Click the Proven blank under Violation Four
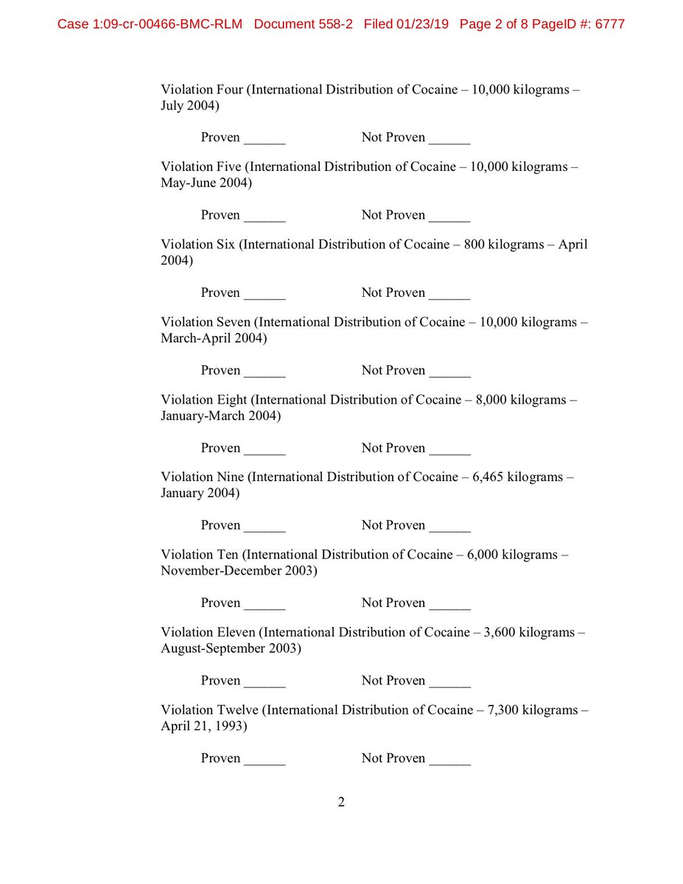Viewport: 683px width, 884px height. point(265,139)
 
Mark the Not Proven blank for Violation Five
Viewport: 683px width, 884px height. point(449,217)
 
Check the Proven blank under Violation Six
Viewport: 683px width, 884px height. point(265,295)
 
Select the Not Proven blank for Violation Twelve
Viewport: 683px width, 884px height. point(449,760)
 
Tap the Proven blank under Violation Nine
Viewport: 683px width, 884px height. point(265,527)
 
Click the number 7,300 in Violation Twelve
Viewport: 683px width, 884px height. point(500,710)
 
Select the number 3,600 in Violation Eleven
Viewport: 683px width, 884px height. point(500,633)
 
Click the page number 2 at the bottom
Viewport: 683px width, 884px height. point(341,802)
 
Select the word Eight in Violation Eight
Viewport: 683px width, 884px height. point(232,400)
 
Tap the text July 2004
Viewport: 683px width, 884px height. point(189,105)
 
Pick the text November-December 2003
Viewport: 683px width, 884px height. point(239,571)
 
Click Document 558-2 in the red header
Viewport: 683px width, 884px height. point(303,24)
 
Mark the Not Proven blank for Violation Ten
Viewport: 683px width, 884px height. point(449,605)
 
